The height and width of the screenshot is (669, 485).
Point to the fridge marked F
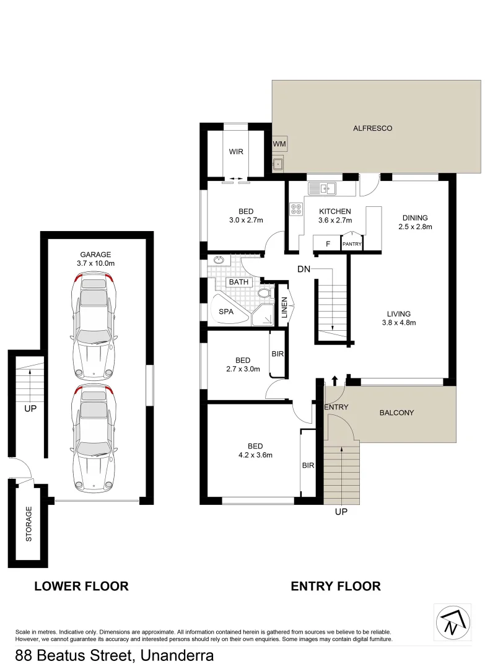328,244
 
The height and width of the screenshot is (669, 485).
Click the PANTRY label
352,245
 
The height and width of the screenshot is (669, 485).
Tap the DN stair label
304,269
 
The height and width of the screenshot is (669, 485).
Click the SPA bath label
226,312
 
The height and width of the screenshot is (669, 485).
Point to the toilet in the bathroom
265,293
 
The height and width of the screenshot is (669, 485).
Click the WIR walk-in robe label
235,151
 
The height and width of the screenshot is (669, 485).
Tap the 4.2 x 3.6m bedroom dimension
255,455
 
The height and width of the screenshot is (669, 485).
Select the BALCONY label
396,413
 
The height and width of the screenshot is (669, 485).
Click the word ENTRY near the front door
336,408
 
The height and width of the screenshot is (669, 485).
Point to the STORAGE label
28,524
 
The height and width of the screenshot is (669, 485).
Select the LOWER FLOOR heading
81,586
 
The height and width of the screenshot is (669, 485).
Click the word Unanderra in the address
177,655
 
